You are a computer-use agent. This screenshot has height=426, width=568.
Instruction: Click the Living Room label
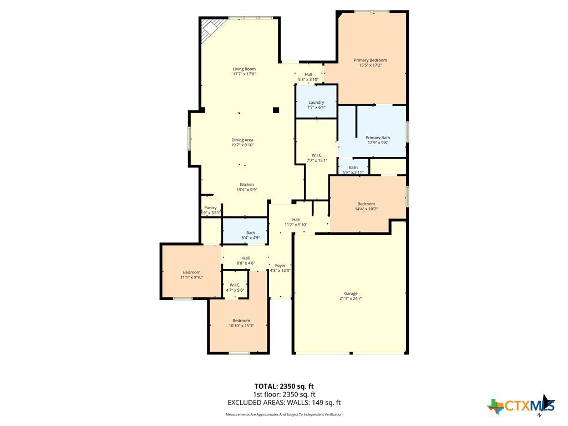pos(244,69)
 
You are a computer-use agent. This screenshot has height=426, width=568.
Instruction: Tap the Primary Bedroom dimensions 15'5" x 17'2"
pos(370,65)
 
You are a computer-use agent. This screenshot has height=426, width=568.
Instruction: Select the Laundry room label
pos(316,103)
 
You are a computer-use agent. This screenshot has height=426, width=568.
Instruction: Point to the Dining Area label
pos(242,140)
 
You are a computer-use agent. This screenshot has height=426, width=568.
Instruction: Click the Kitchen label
pos(247,184)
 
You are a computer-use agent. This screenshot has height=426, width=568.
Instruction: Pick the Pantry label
pos(210,207)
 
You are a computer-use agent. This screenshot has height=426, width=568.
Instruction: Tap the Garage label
pos(351,293)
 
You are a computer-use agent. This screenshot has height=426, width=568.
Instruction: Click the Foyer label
pos(280,266)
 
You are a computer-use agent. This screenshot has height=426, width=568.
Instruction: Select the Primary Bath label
pos(378,138)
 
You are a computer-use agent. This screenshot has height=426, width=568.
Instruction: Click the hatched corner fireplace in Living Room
pos(211,28)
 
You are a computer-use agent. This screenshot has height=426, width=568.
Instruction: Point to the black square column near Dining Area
pos(276,110)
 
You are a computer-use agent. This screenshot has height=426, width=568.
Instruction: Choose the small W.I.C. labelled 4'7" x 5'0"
pos(235,288)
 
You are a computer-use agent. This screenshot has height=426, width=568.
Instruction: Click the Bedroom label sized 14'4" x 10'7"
pos(366,204)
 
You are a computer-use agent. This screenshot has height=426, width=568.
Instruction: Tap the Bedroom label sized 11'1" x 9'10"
pos(191,272)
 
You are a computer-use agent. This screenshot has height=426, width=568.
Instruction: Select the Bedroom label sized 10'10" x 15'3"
pos(241,321)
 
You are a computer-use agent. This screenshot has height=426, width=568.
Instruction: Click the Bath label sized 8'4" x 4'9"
pos(251,233)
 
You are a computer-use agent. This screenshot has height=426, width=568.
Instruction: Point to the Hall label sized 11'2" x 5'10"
pos(296,220)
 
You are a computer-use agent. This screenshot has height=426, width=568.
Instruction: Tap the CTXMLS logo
pos(521,405)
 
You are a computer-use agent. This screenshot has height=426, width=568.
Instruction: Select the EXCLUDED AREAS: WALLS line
pos(284,403)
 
